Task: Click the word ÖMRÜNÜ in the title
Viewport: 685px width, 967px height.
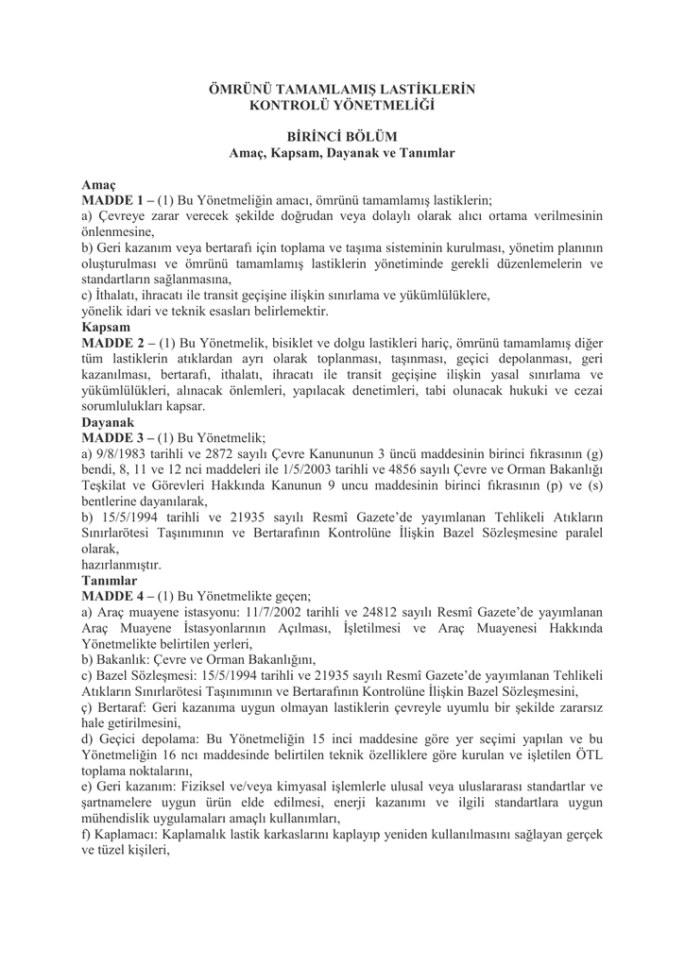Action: click(x=239, y=89)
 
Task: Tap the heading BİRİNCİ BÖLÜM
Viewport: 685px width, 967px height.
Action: click(x=341, y=136)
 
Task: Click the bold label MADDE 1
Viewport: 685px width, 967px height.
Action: click(x=111, y=200)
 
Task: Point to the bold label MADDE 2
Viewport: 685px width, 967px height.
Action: click(x=111, y=343)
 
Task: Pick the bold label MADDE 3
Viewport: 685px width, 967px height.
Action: click(x=111, y=438)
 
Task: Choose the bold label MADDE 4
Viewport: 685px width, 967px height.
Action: click(x=111, y=596)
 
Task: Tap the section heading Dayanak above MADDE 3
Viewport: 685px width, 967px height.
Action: click(x=107, y=422)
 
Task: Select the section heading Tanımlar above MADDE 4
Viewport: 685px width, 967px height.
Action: click(x=110, y=580)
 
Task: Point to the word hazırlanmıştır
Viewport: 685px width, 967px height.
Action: click(x=121, y=565)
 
